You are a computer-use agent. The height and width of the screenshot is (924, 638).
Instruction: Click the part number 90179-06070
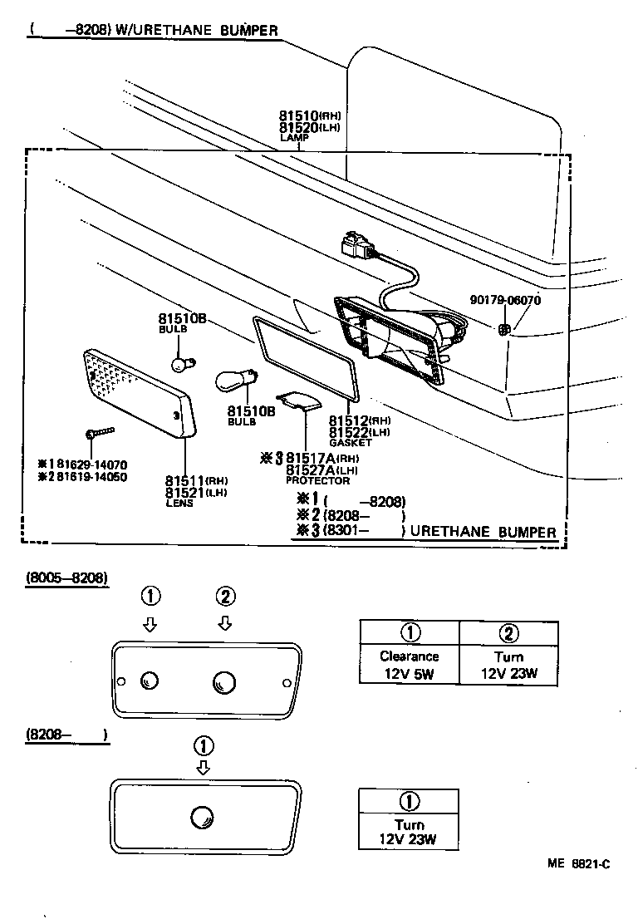[504, 301]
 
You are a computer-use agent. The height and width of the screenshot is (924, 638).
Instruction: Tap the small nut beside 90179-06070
[503, 330]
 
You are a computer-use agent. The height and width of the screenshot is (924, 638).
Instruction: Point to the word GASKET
[351, 443]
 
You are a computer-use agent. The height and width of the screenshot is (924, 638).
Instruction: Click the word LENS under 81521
[179, 504]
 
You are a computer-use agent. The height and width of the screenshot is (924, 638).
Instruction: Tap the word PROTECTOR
[317, 480]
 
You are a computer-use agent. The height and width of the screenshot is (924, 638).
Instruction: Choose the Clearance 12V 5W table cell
[409, 665]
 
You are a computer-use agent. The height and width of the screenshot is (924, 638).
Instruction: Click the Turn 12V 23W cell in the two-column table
[508, 665]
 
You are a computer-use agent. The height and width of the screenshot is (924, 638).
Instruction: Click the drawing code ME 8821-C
[578, 864]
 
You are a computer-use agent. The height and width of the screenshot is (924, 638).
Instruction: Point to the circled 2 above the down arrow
[225, 596]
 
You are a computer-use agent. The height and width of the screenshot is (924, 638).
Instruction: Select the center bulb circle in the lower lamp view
[201, 816]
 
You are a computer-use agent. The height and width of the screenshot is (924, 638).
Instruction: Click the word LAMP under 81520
[294, 138]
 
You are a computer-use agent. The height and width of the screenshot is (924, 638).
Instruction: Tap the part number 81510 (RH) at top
[309, 116]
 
